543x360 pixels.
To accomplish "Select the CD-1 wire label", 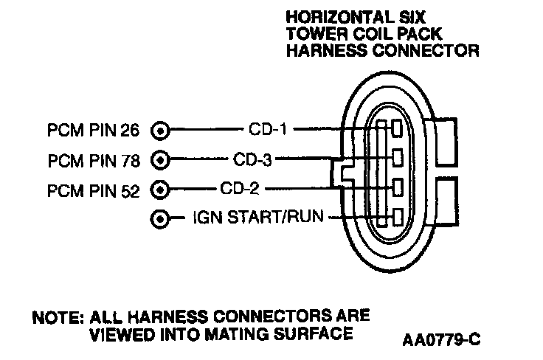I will (266, 130).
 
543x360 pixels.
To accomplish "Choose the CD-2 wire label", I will (239, 189).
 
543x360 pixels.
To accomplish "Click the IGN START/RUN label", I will (259, 218).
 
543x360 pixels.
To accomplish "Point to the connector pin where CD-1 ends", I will (397, 130).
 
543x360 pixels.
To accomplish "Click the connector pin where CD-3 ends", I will (397, 157).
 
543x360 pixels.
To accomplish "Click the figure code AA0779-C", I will (443, 340).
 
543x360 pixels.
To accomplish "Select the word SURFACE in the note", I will (314, 333).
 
